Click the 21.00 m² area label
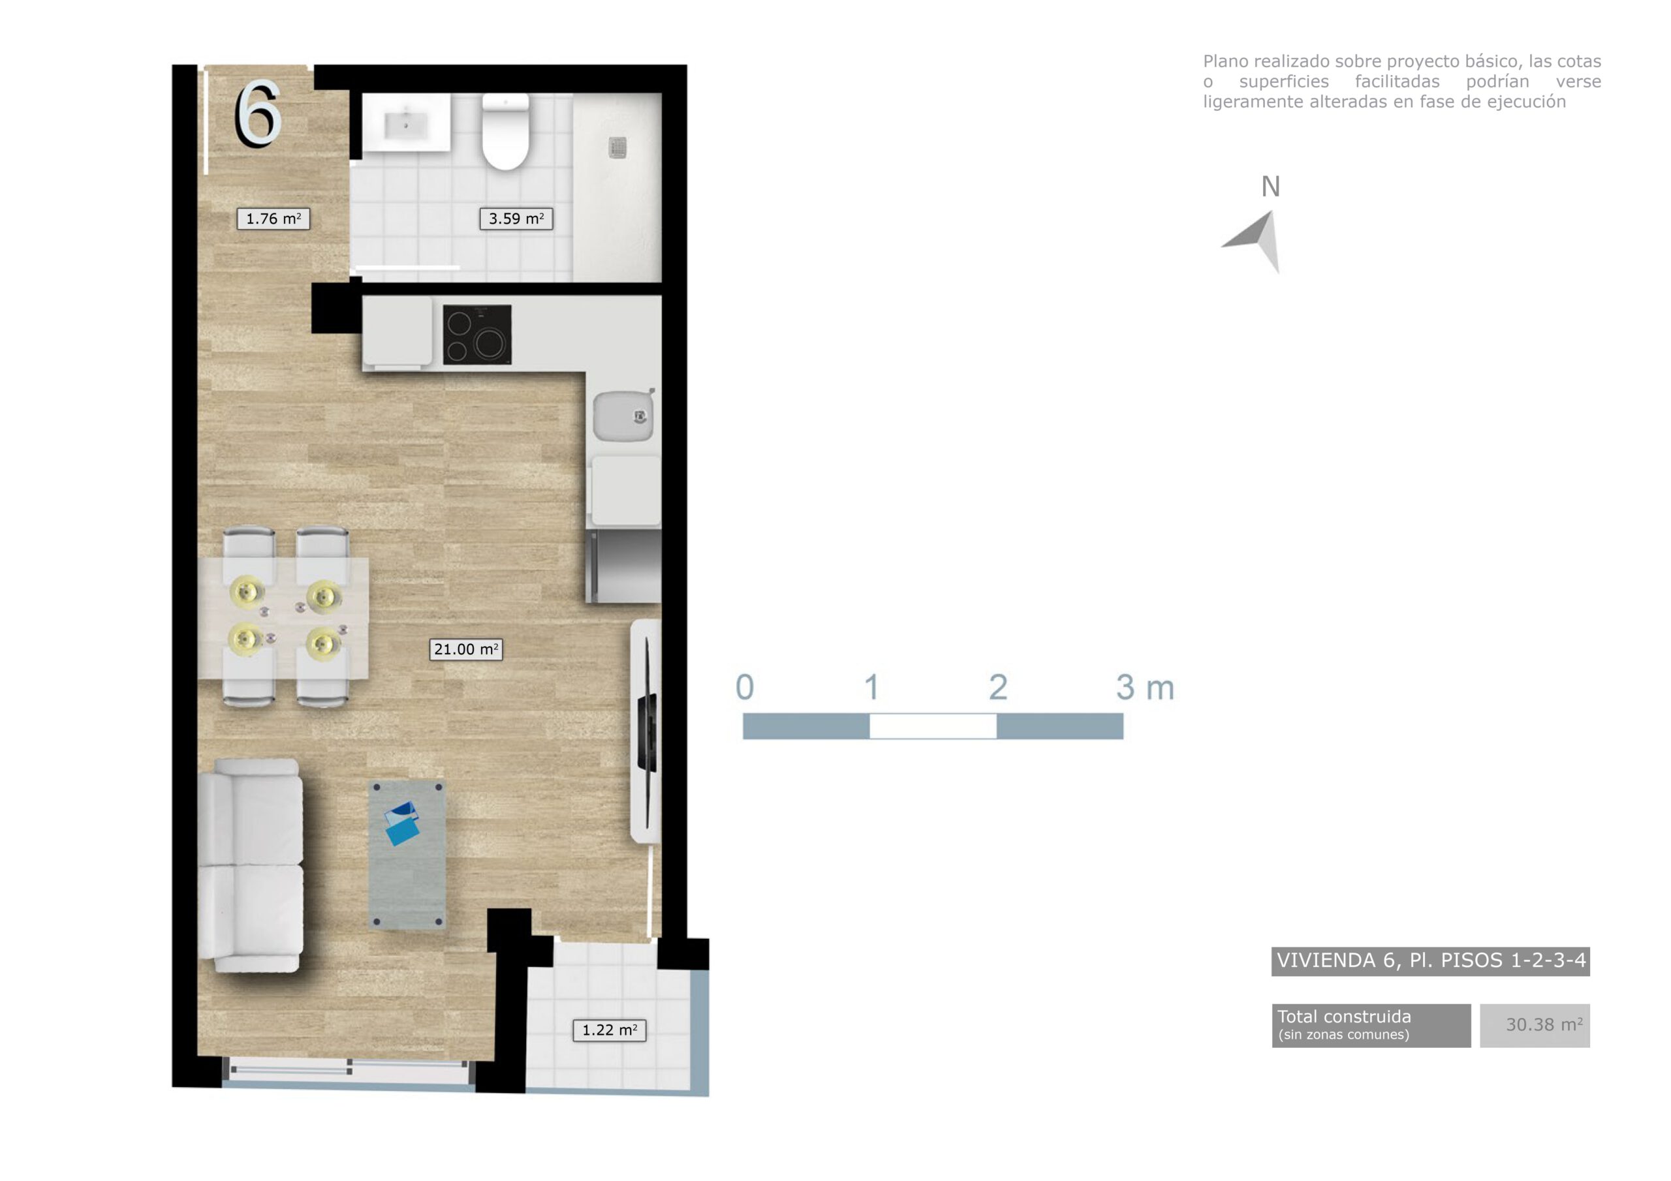coord(466,649)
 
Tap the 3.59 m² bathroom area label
coord(516,219)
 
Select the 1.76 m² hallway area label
coord(273,219)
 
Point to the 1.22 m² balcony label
coord(609,1030)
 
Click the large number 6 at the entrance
coord(258,114)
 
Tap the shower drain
coord(618,147)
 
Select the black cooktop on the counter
coord(477,335)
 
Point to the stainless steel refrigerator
coord(625,566)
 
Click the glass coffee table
coord(407,855)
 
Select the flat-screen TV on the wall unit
coord(646,731)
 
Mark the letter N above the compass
coord(1270,187)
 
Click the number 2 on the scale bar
coord(998,687)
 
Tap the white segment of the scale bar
coord(933,726)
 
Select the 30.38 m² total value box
coord(1534,1025)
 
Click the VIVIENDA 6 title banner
coord(1430,960)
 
